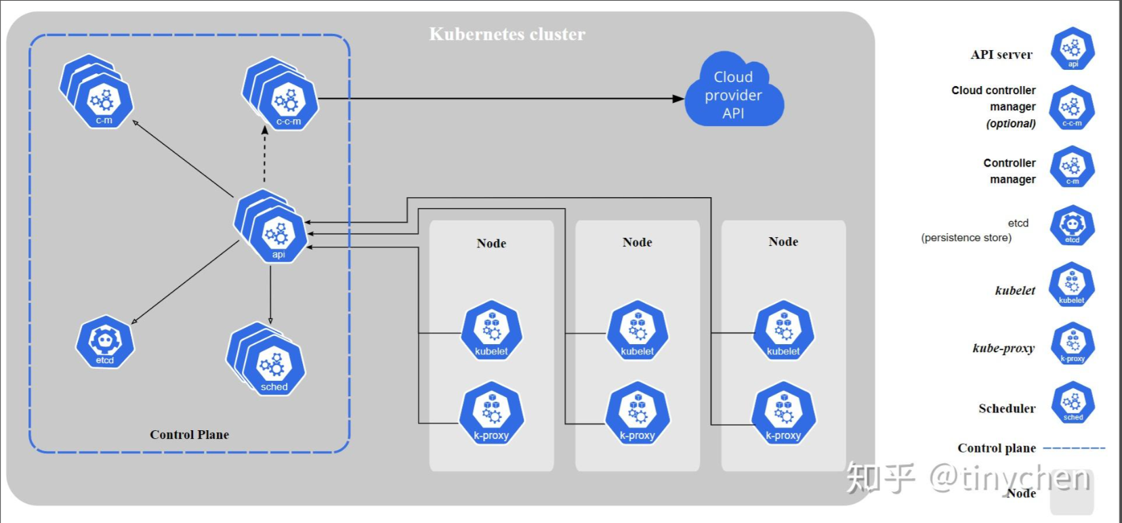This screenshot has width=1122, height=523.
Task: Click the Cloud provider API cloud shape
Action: (734, 90)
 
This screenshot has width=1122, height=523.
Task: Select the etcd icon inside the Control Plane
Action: (105, 342)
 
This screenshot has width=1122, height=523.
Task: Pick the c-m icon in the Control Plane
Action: (97, 91)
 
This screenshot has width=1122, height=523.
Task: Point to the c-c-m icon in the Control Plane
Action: (281, 94)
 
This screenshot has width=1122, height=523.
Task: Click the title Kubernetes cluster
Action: (507, 34)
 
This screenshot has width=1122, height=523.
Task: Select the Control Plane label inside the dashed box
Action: (189, 434)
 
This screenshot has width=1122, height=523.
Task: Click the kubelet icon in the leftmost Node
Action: (491, 331)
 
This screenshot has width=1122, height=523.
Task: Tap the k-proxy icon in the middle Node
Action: (637, 414)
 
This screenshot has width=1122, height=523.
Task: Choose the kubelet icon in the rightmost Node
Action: (783, 331)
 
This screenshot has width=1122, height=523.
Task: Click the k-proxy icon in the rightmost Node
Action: (783, 414)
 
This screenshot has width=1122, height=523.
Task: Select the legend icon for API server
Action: (1073, 49)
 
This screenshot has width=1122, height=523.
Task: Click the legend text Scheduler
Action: (1007, 409)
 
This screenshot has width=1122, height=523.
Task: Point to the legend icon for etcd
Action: (1073, 226)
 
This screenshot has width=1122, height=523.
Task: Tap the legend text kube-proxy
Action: (1003, 348)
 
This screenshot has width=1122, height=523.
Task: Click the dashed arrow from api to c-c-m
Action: (264, 154)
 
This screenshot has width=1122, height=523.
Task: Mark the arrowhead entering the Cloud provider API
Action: (678, 99)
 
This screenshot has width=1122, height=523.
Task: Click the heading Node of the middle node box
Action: (637, 242)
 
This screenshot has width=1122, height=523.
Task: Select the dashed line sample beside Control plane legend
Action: (1074, 448)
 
